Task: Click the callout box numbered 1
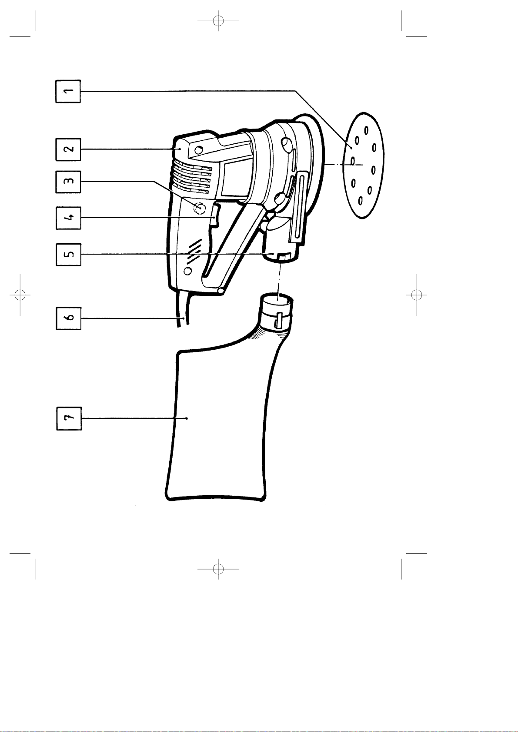68,91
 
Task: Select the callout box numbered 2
68,149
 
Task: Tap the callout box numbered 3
68,182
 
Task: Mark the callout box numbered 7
69,418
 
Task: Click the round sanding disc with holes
363,165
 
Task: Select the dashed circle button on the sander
200,209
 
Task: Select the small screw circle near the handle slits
188,271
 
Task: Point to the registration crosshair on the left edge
20,295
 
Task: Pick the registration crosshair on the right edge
417,295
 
